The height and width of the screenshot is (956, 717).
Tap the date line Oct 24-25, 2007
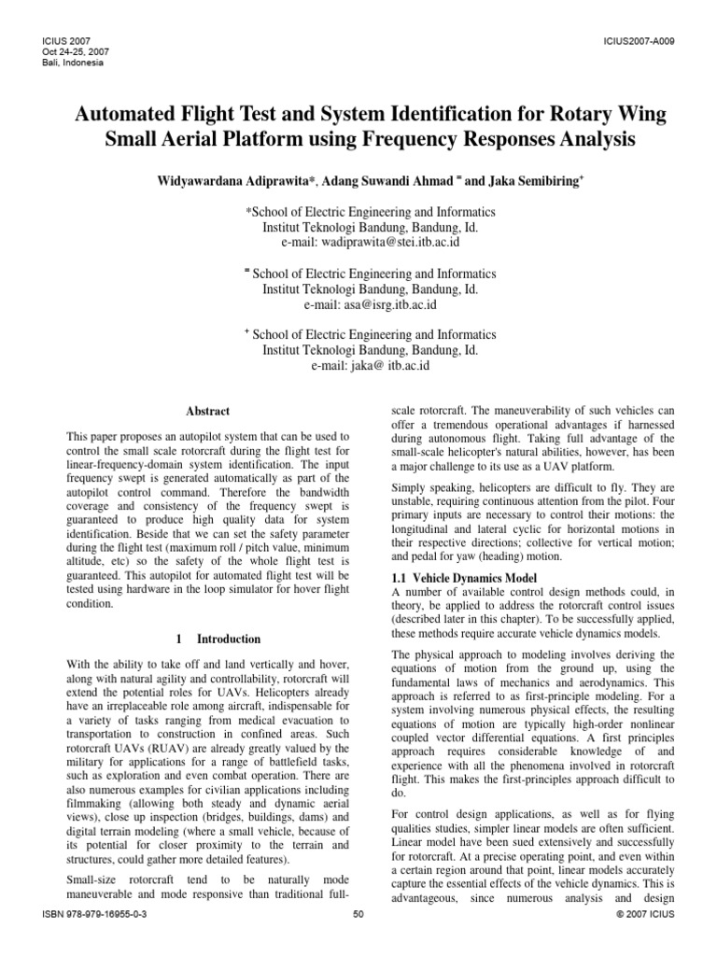pos(71,53)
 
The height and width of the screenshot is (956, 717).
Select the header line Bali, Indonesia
pos(71,63)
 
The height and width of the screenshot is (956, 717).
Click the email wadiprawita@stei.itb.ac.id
pos(371,242)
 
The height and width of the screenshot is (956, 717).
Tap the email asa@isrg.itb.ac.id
pos(371,304)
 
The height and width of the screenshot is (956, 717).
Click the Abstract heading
pos(208,411)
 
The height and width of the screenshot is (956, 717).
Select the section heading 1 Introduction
pos(218,639)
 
